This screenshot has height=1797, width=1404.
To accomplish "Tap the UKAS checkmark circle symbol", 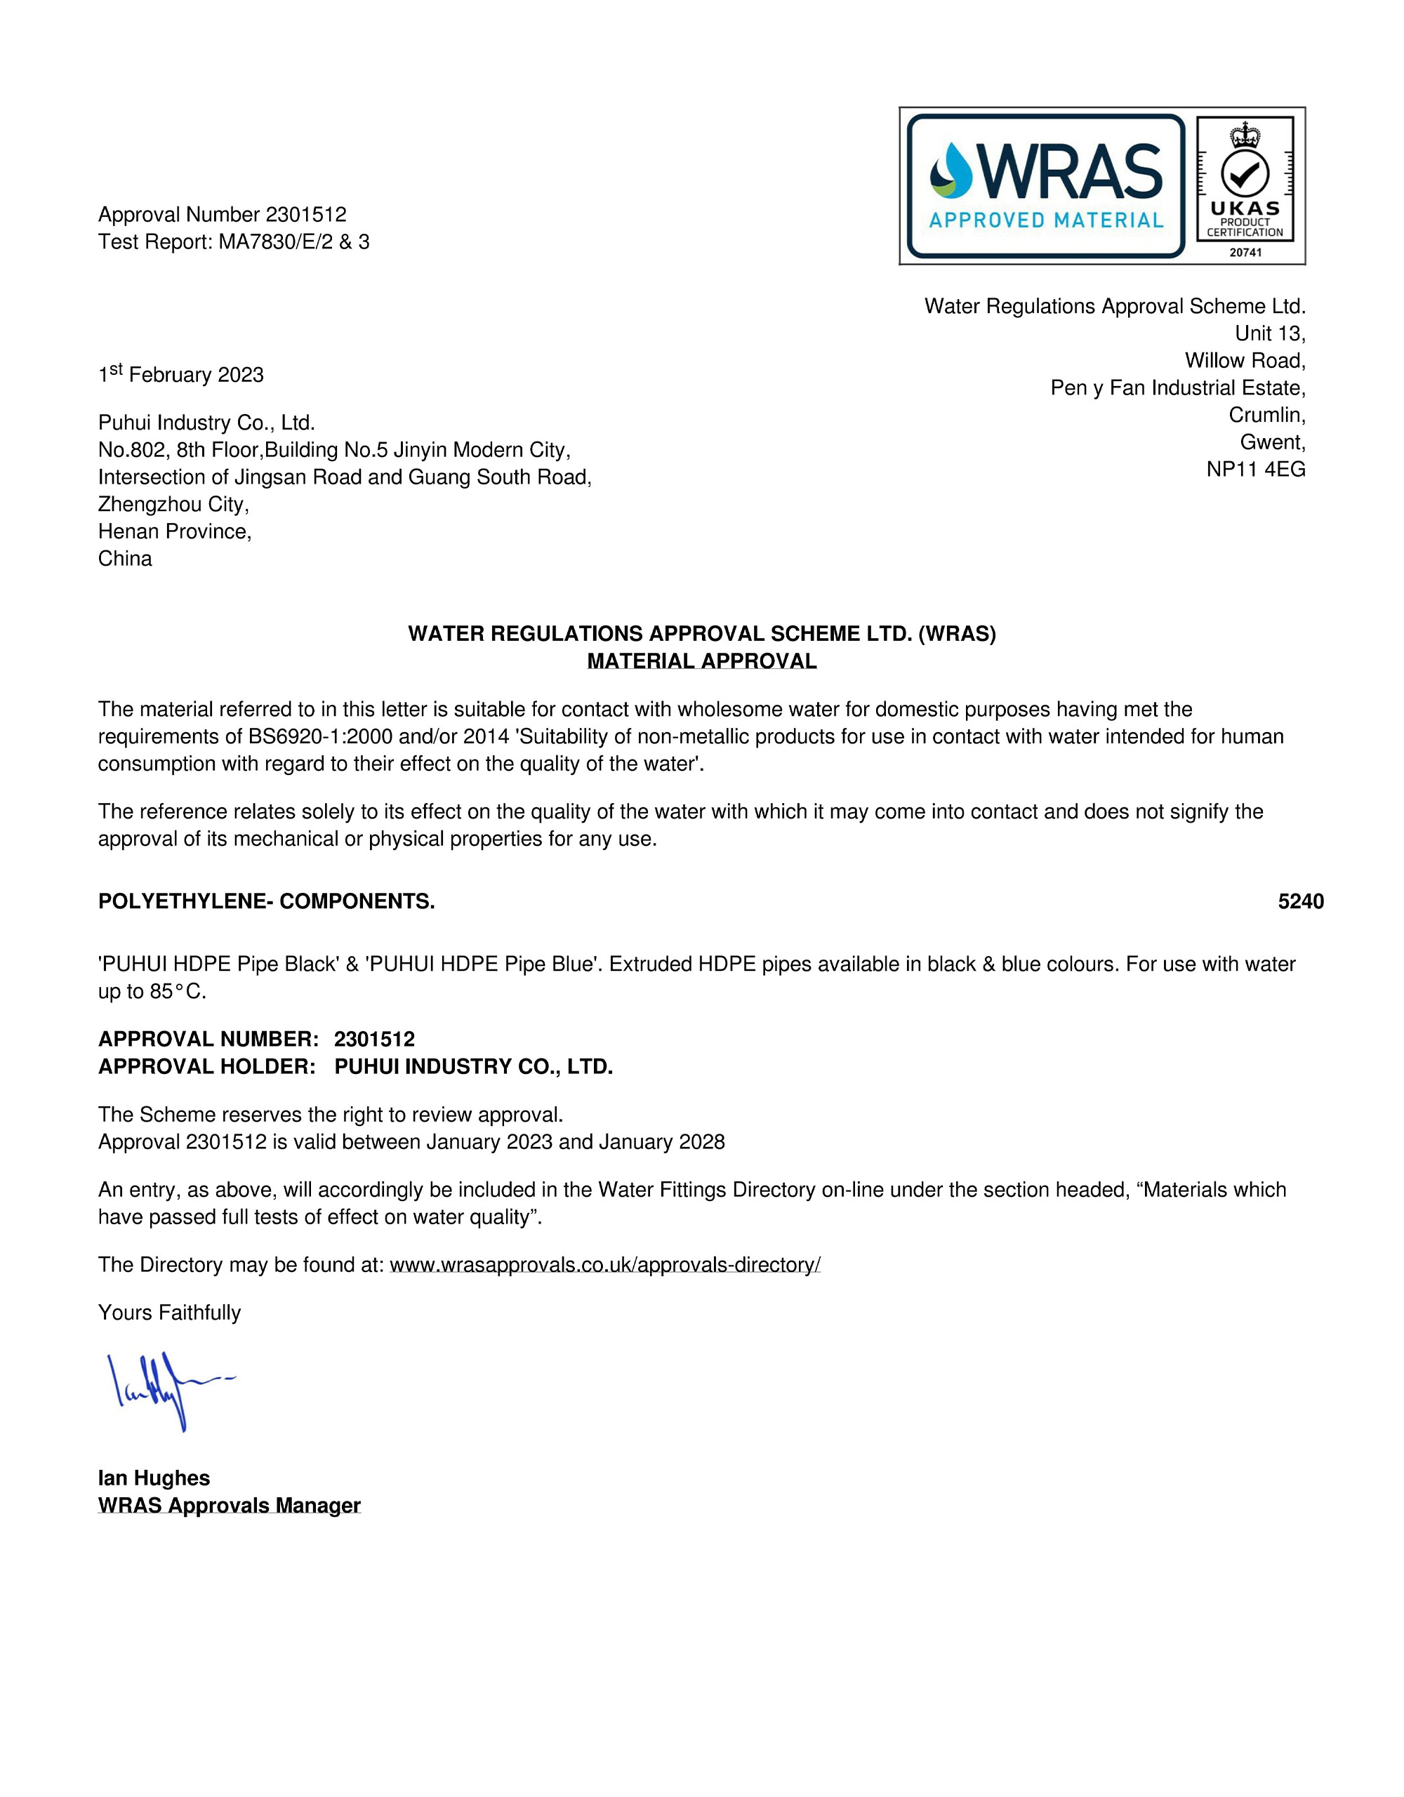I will (1245, 173).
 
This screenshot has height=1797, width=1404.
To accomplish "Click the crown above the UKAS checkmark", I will (1245, 133).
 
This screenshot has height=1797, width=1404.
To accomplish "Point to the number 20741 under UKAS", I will (1245, 253).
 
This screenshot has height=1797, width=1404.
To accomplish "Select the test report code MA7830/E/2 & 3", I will (294, 242).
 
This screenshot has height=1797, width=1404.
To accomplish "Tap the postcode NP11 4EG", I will (1256, 469).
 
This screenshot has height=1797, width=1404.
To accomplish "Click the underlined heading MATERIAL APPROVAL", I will (701, 661).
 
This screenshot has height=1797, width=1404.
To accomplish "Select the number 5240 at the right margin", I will (1300, 902).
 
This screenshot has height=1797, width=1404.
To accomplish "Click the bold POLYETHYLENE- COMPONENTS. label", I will (267, 902).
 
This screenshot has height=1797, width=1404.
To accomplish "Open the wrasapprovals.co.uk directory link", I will (605, 1265).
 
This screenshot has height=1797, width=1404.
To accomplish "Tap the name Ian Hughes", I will (154, 1478).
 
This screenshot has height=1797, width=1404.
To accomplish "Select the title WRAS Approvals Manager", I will (230, 1505).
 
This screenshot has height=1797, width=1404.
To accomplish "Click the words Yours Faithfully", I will (170, 1313).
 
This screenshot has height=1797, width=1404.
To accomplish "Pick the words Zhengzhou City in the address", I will (173, 505).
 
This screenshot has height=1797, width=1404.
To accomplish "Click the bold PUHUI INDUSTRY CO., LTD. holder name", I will (473, 1067).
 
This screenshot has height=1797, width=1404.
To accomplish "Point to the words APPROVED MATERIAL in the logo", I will (1046, 220).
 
